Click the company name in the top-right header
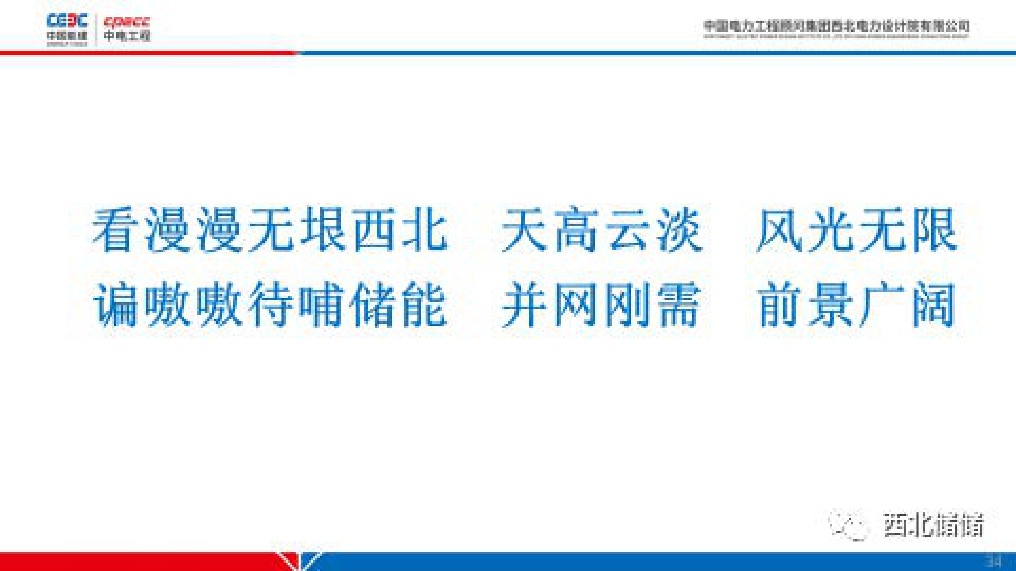pyautogui.click(x=836, y=27)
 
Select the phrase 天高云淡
pyautogui.click(x=601, y=231)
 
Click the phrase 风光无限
pyautogui.click(x=857, y=231)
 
